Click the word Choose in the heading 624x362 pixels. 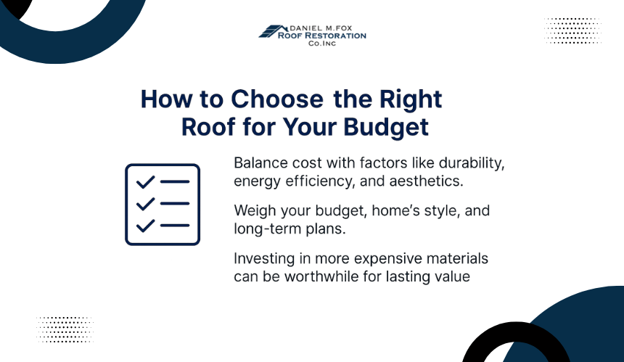(x=277, y=99)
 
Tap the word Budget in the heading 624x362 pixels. (x=385, y=128)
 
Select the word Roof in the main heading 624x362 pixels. (x=208, y=127)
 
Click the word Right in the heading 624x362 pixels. (x=410, y=99)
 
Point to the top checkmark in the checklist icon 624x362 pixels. (x=145, y=182)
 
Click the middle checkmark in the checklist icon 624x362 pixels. (x=145, y=204)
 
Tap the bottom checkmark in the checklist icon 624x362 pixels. (x=145, y=226)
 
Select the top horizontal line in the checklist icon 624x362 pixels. (x=175, y=182)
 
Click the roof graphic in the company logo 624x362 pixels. (x=273, y=31)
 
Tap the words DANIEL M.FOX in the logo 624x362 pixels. (x=321, y=28)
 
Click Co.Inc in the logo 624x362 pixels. (x=322, y=44)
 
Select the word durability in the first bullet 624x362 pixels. (x=472, y=163)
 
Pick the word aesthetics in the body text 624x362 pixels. (x=426, y=181)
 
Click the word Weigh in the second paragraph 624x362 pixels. (x=255, y=211)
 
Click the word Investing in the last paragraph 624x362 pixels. (x=264, y=259)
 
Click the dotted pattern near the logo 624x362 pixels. (x=572, y=30)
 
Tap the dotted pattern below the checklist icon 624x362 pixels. (x=65, y=329)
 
